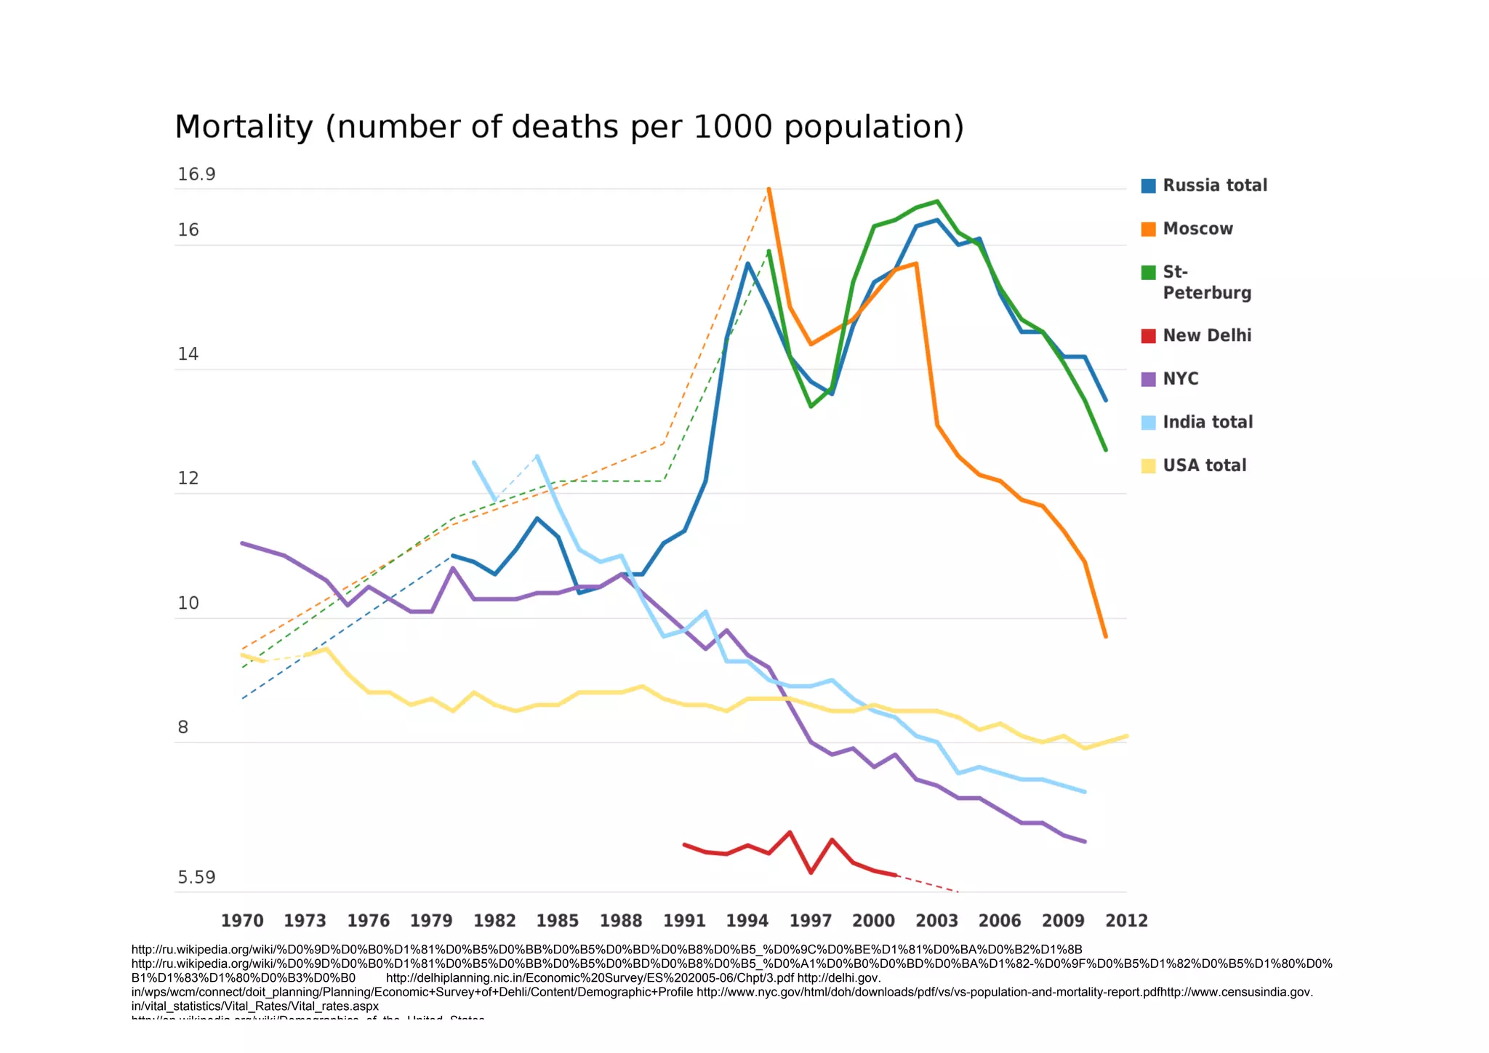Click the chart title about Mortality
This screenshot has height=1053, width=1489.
click(569, 127)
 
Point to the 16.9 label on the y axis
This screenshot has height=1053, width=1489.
click(196, 175)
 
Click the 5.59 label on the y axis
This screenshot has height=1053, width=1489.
click(196, 878)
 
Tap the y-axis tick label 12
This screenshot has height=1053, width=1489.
click(188, 479)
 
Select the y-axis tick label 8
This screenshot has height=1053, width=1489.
click(183, 727)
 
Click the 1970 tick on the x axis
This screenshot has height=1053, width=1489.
click(242, 921)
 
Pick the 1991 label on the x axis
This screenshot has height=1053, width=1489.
click(684, 921)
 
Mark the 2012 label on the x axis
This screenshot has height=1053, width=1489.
click(1126, 921)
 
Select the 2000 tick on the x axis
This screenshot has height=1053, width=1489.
click(873, 921)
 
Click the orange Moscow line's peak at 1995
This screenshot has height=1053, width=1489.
click(768, 189)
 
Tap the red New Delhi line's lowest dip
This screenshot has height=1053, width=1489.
click(811, 872)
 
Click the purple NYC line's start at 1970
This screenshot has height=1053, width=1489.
click(242, 543)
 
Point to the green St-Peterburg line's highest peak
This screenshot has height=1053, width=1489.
click(937, 201)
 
